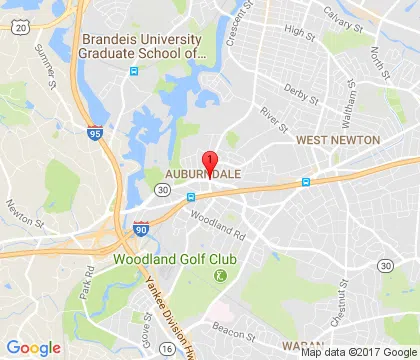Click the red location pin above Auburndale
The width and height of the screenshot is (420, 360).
209,162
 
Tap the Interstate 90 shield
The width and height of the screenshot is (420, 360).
138,228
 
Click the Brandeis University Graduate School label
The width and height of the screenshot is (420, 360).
141,47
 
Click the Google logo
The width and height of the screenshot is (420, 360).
34,346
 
